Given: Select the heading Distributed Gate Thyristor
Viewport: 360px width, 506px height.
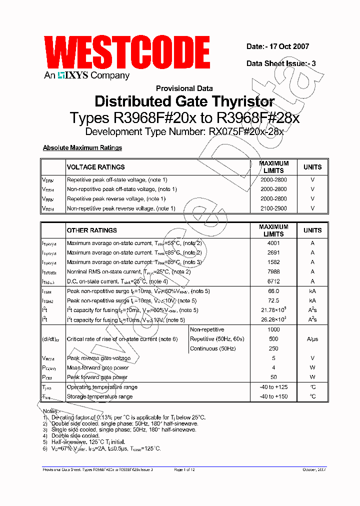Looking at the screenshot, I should pyautogui.click(x=184, y=101).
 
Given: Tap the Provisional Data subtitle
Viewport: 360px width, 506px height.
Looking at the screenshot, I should pyautogui.click(x=184, y=88).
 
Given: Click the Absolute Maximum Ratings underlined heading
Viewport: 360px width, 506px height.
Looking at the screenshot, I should pyautogui.click(x=82, y=148).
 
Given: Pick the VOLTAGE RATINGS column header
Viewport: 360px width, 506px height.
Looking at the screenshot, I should pyautogui.click(x=95, y=167).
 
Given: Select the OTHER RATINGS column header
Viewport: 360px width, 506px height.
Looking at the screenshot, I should pyautogui.click(x=91, y=230).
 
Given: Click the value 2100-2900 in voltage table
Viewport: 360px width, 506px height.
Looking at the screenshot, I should pyautogui.click(x=273, y=208).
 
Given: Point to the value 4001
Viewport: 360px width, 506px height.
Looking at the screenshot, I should pyautogui.click(x=273, y=243).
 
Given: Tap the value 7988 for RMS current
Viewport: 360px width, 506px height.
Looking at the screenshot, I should pyautogui.click(x=273, y=272).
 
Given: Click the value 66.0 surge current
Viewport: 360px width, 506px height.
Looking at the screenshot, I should pyautogui.click(x=273, y=291).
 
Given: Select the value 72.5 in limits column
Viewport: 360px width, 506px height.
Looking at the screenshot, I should pyautogui.click(x=273, y=300).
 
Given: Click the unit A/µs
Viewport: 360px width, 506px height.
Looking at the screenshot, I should pyautogui.click(x=312, y=339).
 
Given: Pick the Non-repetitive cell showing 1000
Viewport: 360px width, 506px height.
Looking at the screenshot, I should pyautogui.click(x=273, y=329).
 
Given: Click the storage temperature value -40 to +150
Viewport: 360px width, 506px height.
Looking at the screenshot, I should pyautogui.click(x=273, y=396).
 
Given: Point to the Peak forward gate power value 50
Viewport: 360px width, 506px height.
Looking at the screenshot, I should pyautogui.click(x=273, y=377).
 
